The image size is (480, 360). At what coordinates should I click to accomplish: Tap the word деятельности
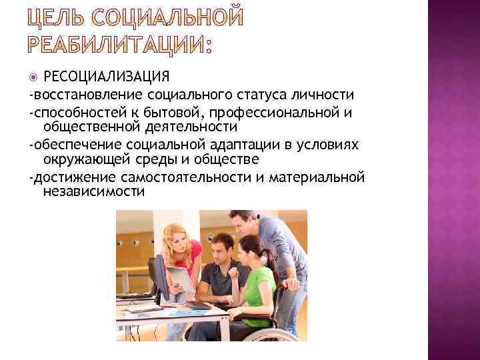191,126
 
